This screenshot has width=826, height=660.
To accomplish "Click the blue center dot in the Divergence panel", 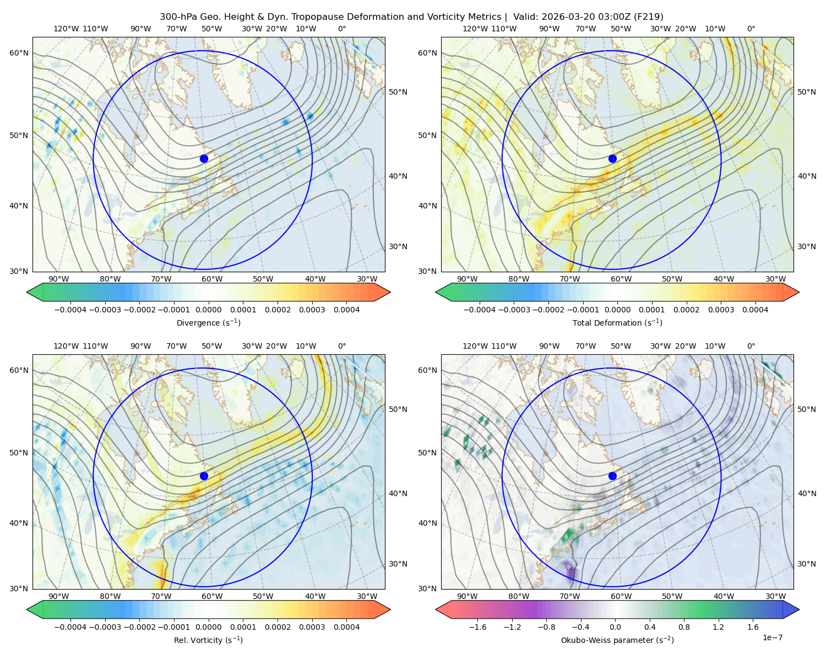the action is point(204,159).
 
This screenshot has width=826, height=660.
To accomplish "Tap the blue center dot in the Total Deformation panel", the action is point(612,159).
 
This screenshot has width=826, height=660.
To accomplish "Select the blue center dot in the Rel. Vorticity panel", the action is point(204,476).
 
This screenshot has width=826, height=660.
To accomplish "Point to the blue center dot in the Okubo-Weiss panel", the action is point(612,476).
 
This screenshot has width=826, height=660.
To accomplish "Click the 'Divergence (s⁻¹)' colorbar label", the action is point(208,322).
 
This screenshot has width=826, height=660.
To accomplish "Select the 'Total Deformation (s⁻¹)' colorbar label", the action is point(617,322).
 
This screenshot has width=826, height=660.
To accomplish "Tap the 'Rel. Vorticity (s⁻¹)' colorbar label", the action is point(208,640).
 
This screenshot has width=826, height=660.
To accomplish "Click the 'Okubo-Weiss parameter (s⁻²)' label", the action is point(617,640).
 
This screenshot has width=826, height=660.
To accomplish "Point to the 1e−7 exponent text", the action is point(772,637).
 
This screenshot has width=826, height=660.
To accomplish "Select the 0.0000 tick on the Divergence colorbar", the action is point(208,310).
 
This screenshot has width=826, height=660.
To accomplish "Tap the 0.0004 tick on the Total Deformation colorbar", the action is point(756,310).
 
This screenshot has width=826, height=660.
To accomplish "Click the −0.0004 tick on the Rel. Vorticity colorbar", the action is point(70,627).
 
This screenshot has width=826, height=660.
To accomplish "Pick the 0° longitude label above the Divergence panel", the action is point(342,29).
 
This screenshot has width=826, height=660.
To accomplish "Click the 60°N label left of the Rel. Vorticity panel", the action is point(19,370).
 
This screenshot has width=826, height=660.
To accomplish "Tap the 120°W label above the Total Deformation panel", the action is point(475,29).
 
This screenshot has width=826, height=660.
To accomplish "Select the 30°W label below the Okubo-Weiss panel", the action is point(776,596).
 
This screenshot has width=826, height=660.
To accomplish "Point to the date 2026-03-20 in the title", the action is point(566,17).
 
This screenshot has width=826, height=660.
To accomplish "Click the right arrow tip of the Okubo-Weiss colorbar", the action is point(799,609).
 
